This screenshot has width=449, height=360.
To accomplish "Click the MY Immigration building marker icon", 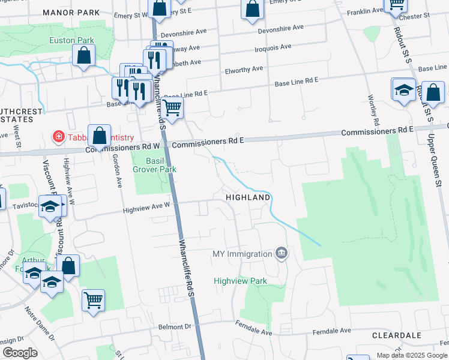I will click(280, 254).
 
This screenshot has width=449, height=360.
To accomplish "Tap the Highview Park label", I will click(240, 281).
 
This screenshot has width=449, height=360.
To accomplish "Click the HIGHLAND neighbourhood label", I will click(247, 197).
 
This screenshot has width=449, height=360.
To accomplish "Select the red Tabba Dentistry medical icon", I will click(59, 137).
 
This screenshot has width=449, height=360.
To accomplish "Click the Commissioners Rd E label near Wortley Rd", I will click(377, 131).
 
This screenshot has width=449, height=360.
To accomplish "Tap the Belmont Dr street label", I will click(174, 327).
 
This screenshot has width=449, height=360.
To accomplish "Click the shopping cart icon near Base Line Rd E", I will click(172, 109).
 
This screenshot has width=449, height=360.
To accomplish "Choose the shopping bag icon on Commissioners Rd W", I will click(100, 136).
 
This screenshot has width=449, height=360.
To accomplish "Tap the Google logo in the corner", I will click(20, 353).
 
